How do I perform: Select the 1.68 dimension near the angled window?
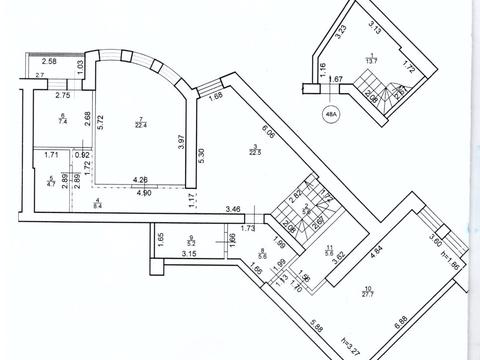point(217,97)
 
